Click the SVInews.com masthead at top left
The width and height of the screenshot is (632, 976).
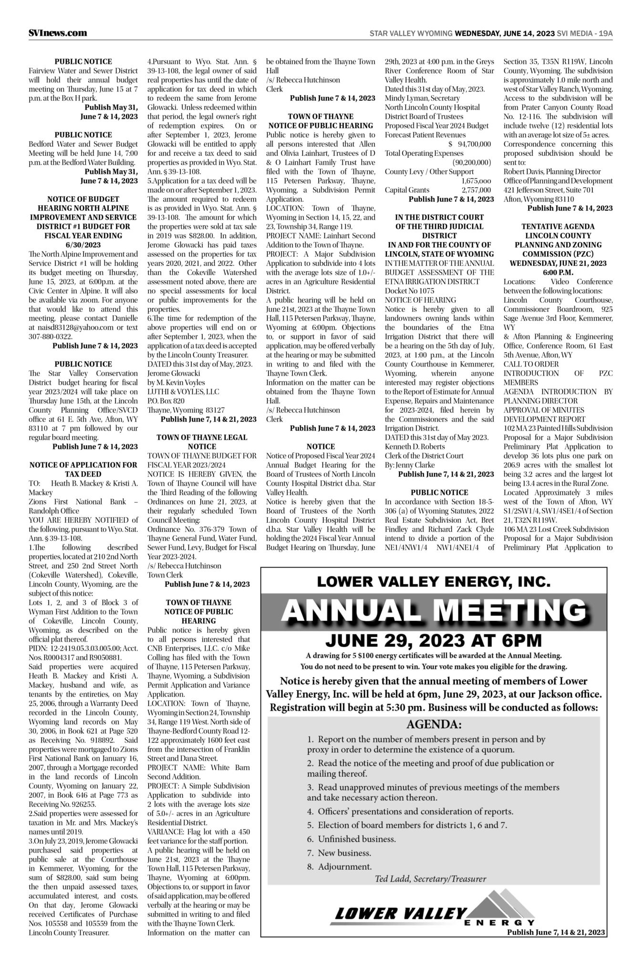click(x=58, y=33)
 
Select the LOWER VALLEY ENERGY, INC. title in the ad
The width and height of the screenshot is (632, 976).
click(x=434, y=581)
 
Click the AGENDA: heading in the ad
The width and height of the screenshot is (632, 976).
click(x=434, y=725)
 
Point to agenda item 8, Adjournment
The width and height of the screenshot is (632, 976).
click(x=339, y=866)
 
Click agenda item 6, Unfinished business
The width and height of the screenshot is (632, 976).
click(x=351, y=839)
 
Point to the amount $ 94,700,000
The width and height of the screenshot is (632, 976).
click(x=469, y=144)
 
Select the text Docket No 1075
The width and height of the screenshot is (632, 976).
click(x=409, y=291)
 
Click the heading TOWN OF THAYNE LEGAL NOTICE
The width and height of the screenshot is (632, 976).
click(x=202, y=442)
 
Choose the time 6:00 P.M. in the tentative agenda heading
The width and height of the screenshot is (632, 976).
click(x=558, y=272)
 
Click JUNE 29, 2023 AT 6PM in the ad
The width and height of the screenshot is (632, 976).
click(x=434, y=640)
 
